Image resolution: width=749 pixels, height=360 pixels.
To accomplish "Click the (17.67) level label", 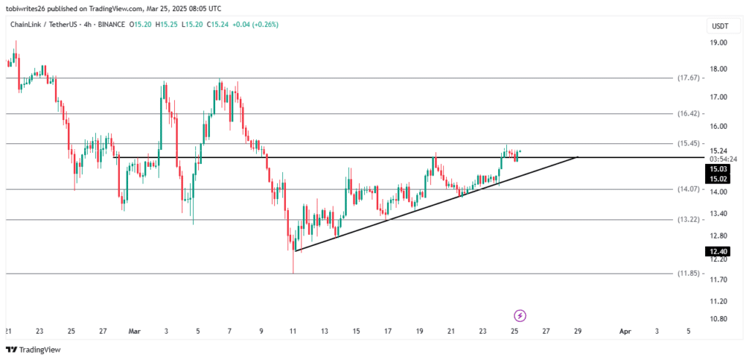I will pos(690,78).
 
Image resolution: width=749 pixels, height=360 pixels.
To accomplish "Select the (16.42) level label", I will pos(690,114).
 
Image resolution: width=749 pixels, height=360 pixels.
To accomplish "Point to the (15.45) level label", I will pos(690,143).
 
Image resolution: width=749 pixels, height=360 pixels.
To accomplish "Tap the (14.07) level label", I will pos(690,190).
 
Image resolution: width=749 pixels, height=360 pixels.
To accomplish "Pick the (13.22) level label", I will pos(690,220).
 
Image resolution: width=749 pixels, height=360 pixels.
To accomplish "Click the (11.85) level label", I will pos(690,274).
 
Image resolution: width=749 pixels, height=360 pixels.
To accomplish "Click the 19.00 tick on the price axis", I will pos(718,43).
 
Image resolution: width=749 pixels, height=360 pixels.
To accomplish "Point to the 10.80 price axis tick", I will pos(718,319).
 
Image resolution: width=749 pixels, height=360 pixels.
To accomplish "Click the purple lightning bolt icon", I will pos(520,315).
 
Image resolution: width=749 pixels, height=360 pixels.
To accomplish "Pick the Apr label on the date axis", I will pos(625,331).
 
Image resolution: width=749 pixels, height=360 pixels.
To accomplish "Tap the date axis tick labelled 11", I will pos(293,331).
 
